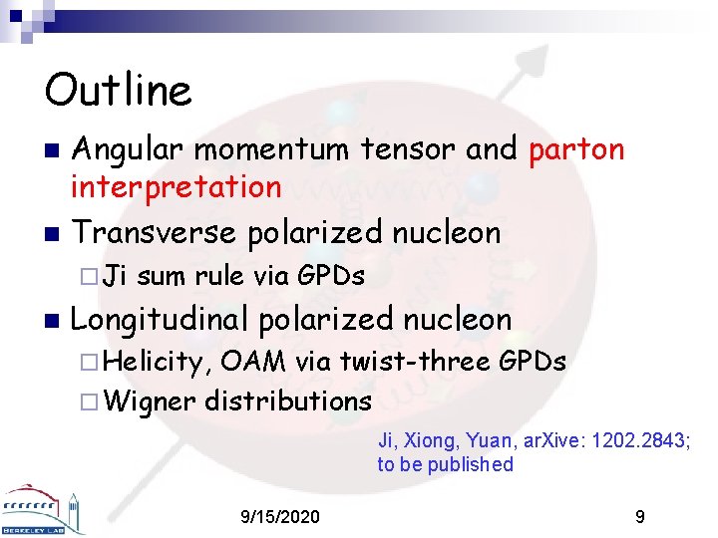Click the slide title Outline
pos(118,90)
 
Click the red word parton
pos(576,149)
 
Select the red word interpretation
pos(176,186)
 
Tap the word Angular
pos(130,149)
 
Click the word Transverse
pos(156,233)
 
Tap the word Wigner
pos(150,402)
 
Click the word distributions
pos(288,401)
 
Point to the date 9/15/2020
pos(281,517)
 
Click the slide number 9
pos(639,517)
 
